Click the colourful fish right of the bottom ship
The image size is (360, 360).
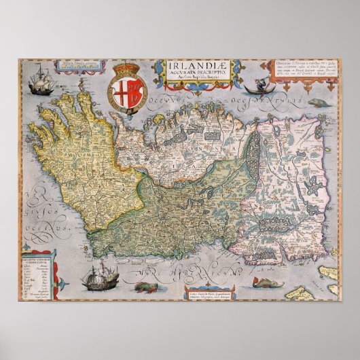coord(144,287)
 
